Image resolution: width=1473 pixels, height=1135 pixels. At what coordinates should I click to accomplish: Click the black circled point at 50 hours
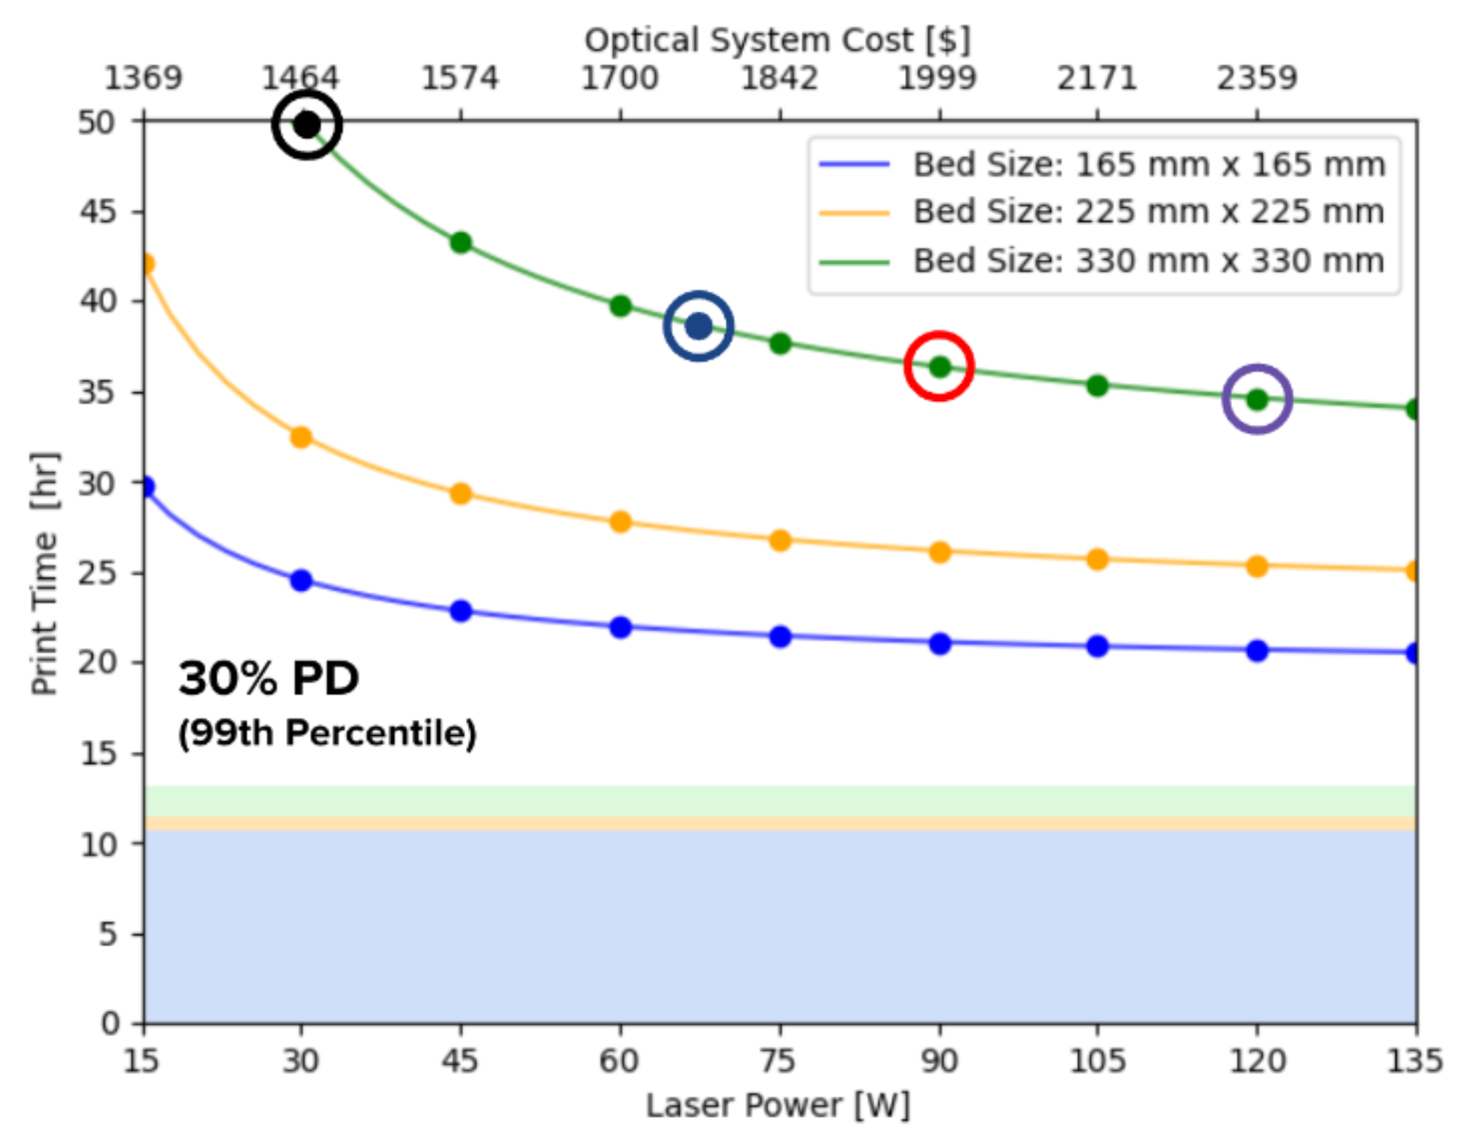[x=307, y=125]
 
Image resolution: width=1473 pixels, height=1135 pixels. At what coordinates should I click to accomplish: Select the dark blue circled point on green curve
[x=699, y=325]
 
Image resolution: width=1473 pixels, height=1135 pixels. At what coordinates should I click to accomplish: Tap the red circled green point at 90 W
[x=939, y=367]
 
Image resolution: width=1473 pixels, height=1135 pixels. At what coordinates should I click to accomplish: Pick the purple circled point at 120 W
[x=1257, y=399]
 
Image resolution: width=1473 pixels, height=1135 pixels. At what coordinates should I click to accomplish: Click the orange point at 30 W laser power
[x=301, y=437]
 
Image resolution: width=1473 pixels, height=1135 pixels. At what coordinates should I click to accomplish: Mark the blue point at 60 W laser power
[x=621, y=627]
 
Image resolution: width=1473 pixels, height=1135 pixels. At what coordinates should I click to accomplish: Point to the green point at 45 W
[x=460, y=242]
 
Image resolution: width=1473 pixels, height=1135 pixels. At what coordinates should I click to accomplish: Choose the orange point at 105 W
[x=1098, y=559]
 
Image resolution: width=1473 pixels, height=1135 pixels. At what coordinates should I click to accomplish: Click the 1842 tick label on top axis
[x=779, y=78]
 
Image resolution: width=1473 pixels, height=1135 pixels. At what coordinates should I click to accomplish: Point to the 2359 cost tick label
[x=1257, y=78]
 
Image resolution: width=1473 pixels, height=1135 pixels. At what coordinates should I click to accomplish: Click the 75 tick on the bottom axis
[x=779, y=1060]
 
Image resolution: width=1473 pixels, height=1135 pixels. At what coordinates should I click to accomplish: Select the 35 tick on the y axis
[x=97, y=392]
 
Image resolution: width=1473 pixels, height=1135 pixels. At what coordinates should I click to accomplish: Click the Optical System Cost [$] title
[x=778, y=40]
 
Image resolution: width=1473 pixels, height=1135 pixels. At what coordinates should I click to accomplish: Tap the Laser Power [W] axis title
[x=778, y=1105]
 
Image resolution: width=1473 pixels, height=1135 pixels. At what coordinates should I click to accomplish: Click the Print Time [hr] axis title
[x=44, y=573]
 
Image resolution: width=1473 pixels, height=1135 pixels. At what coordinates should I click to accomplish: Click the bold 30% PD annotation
[x=269, y=678]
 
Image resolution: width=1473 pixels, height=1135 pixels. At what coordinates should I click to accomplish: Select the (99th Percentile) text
[x=327, y=733]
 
